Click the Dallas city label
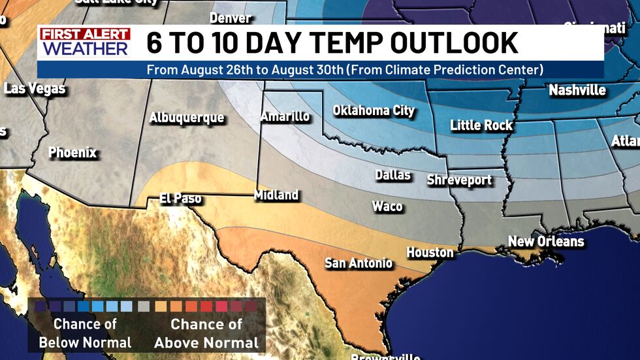coord(392,174)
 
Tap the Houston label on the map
coord(430,252)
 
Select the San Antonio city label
coord(359,263)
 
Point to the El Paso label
coord(180,198)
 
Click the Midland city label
coord(276,195)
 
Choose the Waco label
coord(387,206)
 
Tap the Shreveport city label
coord(459,180)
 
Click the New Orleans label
coord(546,241)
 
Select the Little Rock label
coord(481,125)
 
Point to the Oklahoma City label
coord(374,110)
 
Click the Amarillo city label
coord(285,116)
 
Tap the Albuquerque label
coord(186,118)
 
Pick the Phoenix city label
coord(72,153)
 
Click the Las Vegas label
coord(35,88)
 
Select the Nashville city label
coord(577,90)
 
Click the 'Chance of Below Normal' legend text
coord(85,333)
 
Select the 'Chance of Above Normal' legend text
coord(206,333)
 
